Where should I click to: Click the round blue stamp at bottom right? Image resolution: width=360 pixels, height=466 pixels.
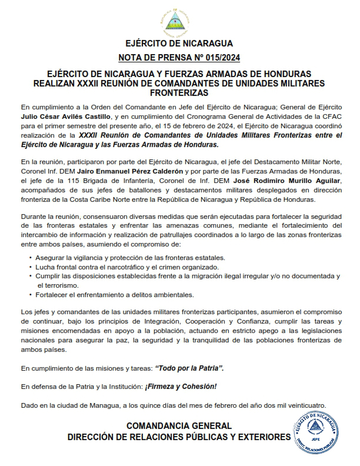[x=317, y=432]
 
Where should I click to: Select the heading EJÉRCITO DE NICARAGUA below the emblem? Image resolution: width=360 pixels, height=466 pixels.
[x=179, y=43]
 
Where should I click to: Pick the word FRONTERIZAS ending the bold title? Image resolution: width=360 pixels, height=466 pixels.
[x=179, y=93]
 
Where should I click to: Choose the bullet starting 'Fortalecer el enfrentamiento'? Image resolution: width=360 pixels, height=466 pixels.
[x=121, y=294]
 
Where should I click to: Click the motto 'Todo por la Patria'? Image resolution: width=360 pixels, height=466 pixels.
[x=189, y=368]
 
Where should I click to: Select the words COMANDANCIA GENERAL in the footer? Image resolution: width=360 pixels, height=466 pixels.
[x=179, y=425]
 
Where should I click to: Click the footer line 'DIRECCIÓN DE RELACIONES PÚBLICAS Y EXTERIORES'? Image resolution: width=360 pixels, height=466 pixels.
[x=179, y=437]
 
